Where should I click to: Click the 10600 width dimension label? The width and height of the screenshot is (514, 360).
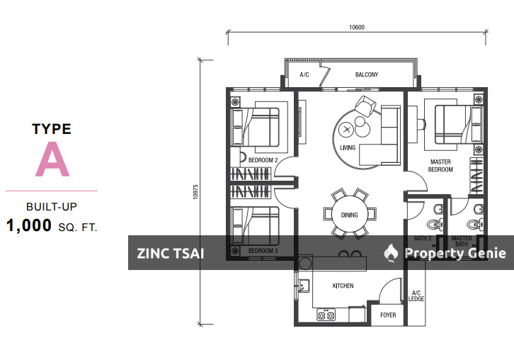pyautogui.click(x=357, y=27)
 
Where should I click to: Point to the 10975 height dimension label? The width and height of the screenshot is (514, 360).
pyautogui.click(x=195, y=192)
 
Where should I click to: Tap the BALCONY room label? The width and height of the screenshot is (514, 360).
pyautogui.click(x=367, y=75)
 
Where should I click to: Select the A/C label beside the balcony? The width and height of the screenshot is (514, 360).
pyautogui.click(x=304, y=75)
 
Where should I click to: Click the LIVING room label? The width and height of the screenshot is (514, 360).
pyautogui.click(x=348, y=147)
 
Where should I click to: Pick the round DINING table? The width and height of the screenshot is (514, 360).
pyautogui.click(x=350, y=215)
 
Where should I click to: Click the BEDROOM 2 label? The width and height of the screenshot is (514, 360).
pyautogui.click(x=263, y=160)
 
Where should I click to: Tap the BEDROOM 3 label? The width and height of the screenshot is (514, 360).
pyautogui.click(x=263, y=251)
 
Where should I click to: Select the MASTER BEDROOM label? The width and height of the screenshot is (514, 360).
pyautogui.click(x=440, y=166)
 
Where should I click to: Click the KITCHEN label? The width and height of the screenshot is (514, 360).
pyautogui.click(x=343, y=286)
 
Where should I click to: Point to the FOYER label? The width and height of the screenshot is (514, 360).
pyautogui.click(x=388, y=315)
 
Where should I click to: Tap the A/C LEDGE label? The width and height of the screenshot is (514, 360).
pyautogui.click(x=416, y=296)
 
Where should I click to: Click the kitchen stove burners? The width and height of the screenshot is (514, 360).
pyautogui.click(x=326, y=315)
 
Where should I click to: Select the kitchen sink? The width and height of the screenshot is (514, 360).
pyautogui.click(x=304, y=286)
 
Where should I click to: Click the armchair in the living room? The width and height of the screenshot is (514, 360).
pyautogui.click(x=365, y=106)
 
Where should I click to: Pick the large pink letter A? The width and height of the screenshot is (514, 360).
pyautogui.click(x=52, y=159)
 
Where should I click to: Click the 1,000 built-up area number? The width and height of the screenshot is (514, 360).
pyautogui.click(x=29, y=225)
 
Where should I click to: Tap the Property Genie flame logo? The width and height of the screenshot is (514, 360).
pyautogui.click(x=391, y=253)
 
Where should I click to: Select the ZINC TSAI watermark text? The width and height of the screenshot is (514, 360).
pyautogui.click(x=171, y=253)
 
